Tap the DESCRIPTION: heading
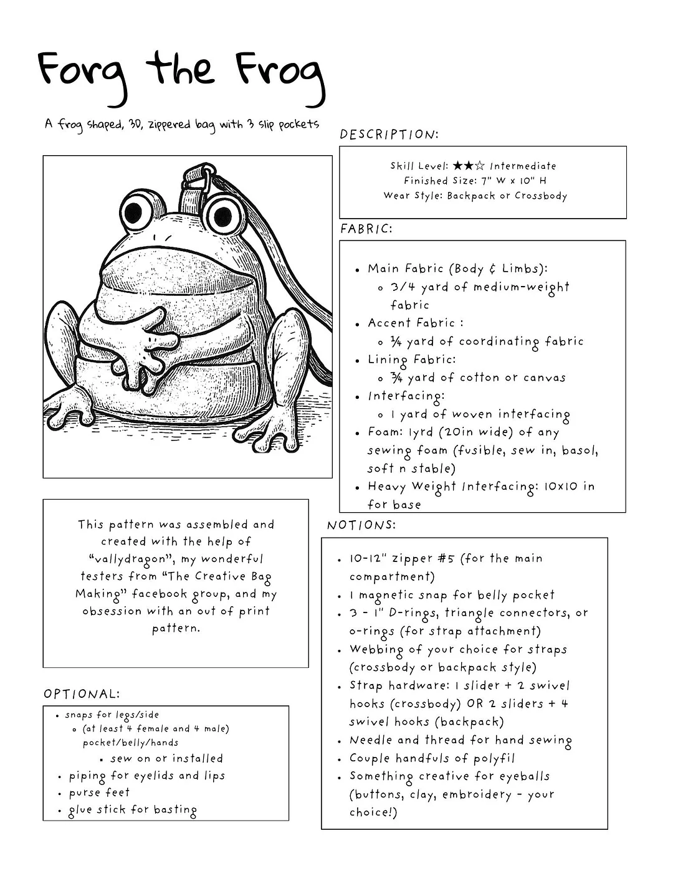(x=389, y=135)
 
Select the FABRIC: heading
(x=366, y=229)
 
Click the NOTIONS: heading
(x=361, y=525)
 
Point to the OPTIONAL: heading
(x=82, y=694)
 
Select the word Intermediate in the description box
(x=523, y=166)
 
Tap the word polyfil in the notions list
(x=490, y=758)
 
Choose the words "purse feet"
(x=99, y=792)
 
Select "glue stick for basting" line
(x=133, y=810)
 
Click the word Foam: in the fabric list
(x=385, y=432)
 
